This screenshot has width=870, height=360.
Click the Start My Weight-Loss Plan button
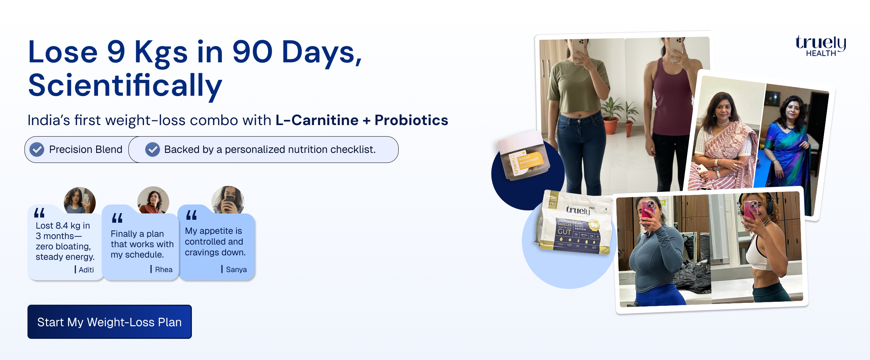pos(109,322)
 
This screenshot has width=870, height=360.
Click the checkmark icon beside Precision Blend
pos(37,150)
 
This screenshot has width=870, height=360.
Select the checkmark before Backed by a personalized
pos(152,150)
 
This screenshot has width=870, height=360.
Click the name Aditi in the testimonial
pos(86,270)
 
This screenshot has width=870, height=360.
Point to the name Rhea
pos(164,269)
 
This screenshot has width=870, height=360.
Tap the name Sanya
pos(236,269)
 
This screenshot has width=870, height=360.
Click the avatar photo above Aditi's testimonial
pos(79,200)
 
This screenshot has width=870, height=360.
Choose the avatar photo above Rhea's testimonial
pos(153,200)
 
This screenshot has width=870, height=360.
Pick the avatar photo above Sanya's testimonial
pos(228,200)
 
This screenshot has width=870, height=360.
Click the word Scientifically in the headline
pos(125,85)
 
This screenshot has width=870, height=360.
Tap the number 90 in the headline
pos(252,52)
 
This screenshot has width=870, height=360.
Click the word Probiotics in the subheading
pos(411,120)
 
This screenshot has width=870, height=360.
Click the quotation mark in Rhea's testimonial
pos(117,218)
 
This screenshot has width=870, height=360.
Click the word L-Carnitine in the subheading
pos(317,120)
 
